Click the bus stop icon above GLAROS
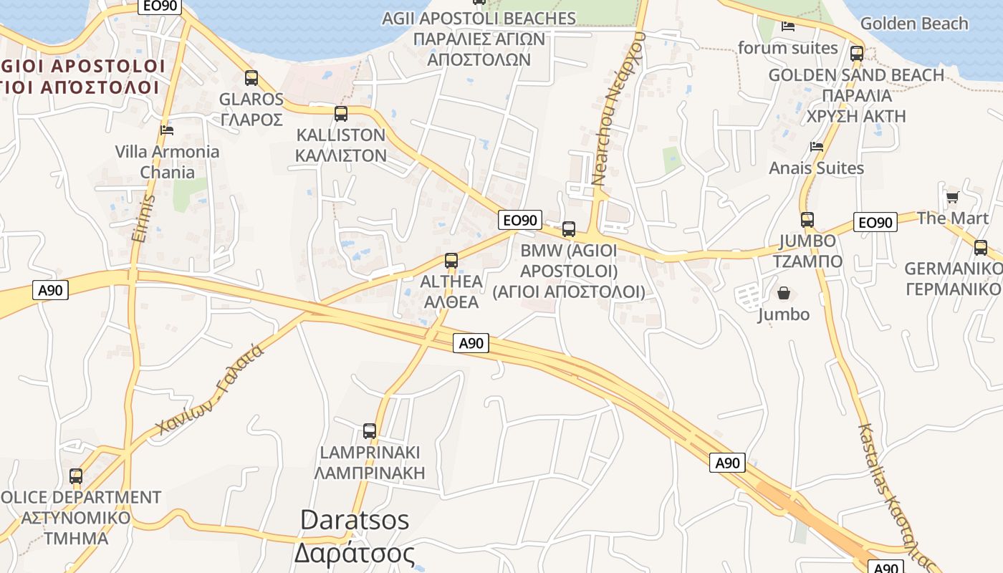tap(251, 78)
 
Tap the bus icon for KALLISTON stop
tap(341, 113)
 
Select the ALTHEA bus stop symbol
tap(451, 261)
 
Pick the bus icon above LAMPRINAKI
tap(370, 431)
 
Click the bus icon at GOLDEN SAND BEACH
tap(857, 53)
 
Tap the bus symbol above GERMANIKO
tap(980, 248)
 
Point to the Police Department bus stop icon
tap(76, 476)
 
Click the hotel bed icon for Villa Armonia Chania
tap(167, 130)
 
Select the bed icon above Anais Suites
tap(816, 146)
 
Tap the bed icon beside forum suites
tap(788, 27)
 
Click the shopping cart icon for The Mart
tap(952, 197)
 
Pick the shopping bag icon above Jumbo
tap(784, 293)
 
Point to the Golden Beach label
tap(914, 24)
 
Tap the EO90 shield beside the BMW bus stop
tap(520, 220)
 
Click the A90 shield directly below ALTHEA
tap(471, 343)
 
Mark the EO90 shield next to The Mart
tap(875, 222)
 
